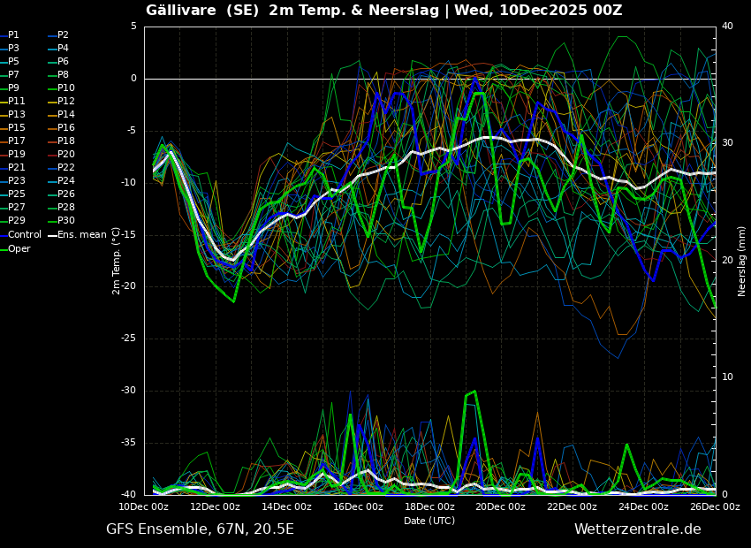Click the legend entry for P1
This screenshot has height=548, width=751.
point(10,35)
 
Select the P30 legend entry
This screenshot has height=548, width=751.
point(62,220)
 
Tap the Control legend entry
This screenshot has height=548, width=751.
point(20,235)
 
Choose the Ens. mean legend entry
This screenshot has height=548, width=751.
point(77,235)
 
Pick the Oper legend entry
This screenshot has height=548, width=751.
point(15,248)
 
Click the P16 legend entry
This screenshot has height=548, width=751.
point(62,127)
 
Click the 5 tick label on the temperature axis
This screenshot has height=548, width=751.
point(133,26)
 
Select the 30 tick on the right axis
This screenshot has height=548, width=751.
point(727,143)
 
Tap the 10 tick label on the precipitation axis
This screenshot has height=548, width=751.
point(727,377)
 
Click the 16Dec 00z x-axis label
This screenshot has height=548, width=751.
point(358,506)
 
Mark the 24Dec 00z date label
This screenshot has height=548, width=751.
point(643,506)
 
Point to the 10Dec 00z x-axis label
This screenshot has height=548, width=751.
point(144,506)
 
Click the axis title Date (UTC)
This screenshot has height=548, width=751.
point(429,521)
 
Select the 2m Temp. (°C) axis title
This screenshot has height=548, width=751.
point(117,261)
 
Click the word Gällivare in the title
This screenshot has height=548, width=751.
point(181,10)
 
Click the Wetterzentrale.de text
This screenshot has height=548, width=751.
point(638,529)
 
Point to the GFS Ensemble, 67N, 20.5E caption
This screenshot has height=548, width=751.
point(200,529)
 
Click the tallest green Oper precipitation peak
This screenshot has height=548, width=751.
point(474,392)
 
